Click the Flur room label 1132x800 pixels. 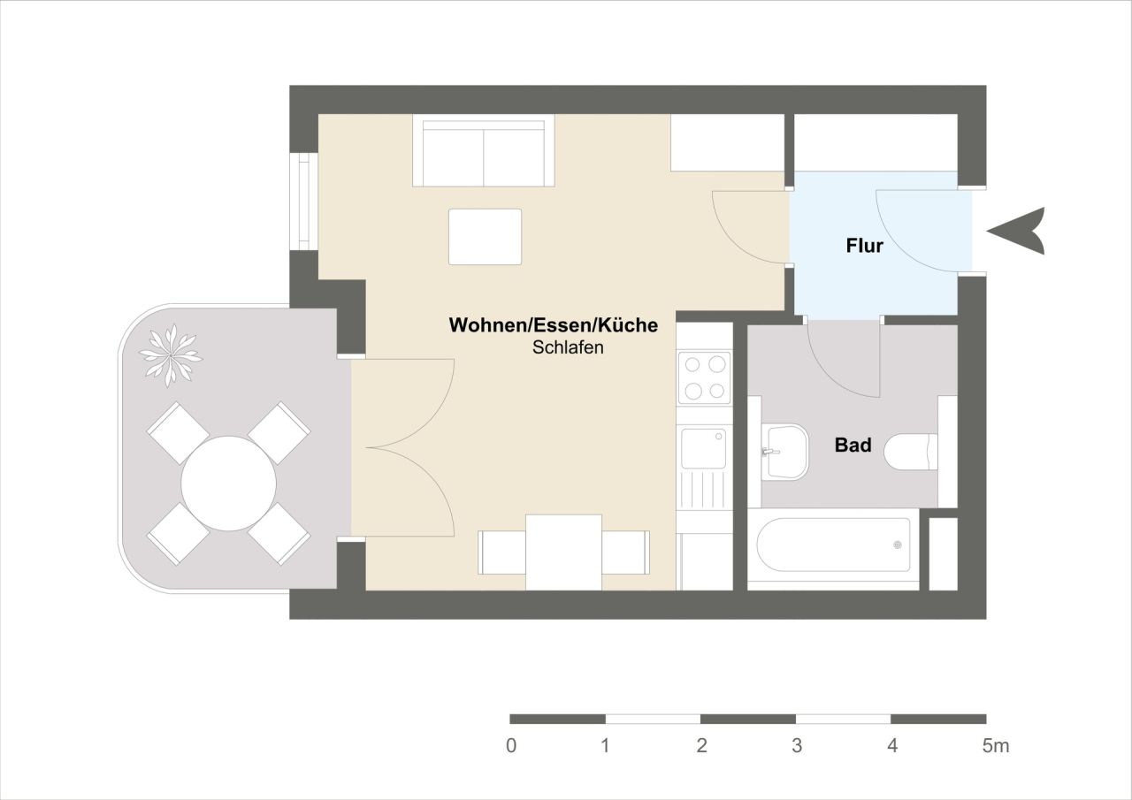864,246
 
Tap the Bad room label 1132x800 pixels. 853,445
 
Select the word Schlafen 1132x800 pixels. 568,347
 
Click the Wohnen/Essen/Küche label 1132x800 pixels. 554,325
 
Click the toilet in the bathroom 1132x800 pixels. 911,451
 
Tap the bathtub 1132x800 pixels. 834,545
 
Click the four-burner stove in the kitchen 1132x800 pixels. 705,377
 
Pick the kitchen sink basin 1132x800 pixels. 703,448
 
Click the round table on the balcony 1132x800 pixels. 228,484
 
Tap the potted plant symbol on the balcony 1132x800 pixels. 170,355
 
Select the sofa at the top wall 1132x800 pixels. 483,152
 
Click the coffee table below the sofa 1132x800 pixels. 485,237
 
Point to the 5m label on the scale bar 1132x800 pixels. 995,746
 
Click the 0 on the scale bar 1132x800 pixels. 511,746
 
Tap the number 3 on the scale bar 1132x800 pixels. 797,746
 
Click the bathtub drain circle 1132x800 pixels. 897,545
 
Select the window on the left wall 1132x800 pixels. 305,202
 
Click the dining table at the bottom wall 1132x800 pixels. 563,552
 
